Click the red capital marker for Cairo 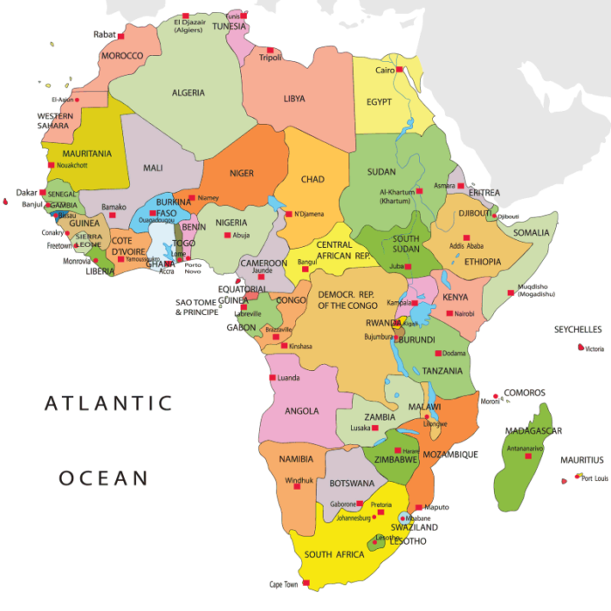[x=399, y=70]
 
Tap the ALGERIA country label [x=188, y=93]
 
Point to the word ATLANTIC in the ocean [x=108, y=403]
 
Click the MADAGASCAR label [x=532, y=430]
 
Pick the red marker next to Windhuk [x=297, y=487]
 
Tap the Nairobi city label [x=464, y=313]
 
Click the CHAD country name [x=312, y=180]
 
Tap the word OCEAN [x=103, y=478]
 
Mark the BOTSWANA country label [x=352, y=483]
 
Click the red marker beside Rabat [x=120, y=35]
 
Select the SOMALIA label [x=532, y=232]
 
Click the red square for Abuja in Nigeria [x=228, y=235]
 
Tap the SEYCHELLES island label [x=578, y=329]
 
